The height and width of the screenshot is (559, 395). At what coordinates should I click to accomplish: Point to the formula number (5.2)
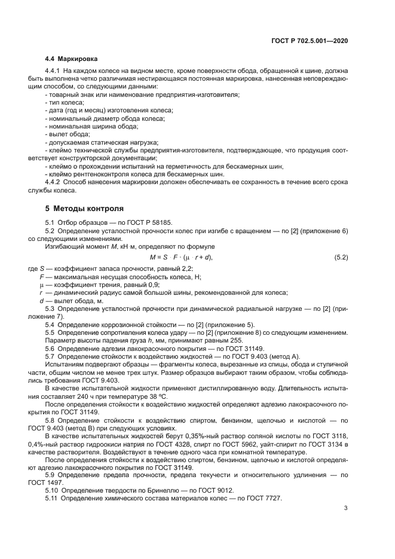(x=340, y=257)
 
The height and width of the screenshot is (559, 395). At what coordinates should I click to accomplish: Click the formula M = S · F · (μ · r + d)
(x=180, y=257)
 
